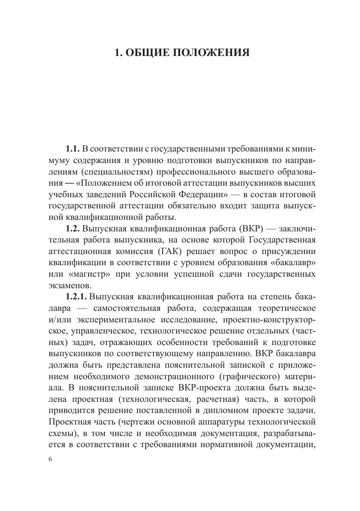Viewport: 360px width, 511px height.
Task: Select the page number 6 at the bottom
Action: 50,460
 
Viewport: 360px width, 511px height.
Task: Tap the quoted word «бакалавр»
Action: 292,262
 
